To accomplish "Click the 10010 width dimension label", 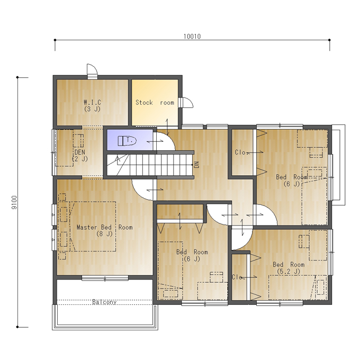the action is (x=192, y=37).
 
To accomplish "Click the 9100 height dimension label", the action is (x=14, y=202).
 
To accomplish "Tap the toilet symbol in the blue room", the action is (x=127, y=141).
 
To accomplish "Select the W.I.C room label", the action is (x=92, y=105).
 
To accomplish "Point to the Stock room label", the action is (x=155, y=102).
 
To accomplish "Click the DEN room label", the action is (x=79, y=155).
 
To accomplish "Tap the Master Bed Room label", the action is (x=104, y=230).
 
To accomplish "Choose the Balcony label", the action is (x=104, y=302).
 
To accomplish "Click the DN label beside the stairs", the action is (x=196, y=165).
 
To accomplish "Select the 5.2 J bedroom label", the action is (x=289, y=268).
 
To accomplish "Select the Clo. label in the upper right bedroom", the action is (x=240, y=152).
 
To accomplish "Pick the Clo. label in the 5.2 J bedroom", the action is (x=238, y=277).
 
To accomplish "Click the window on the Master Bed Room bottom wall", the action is (x=105, y=278).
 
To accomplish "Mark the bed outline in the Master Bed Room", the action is (x=92, y=227).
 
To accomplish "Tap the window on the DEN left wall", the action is (x=54, y=152).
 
